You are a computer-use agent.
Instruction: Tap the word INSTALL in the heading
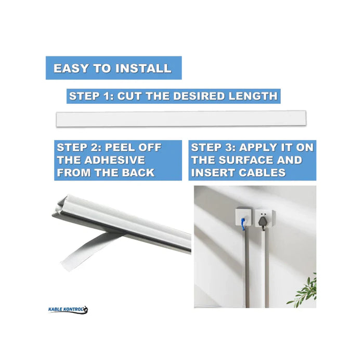(x=143, y=68)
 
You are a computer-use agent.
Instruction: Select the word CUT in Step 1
(x=129, y=96)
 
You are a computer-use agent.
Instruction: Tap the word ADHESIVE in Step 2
(x=114, y=160)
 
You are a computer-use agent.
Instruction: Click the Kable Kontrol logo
(x=68, y=309)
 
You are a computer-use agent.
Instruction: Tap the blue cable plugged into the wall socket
(x=243, y=224)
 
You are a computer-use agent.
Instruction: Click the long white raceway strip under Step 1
(x=181, y=119)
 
